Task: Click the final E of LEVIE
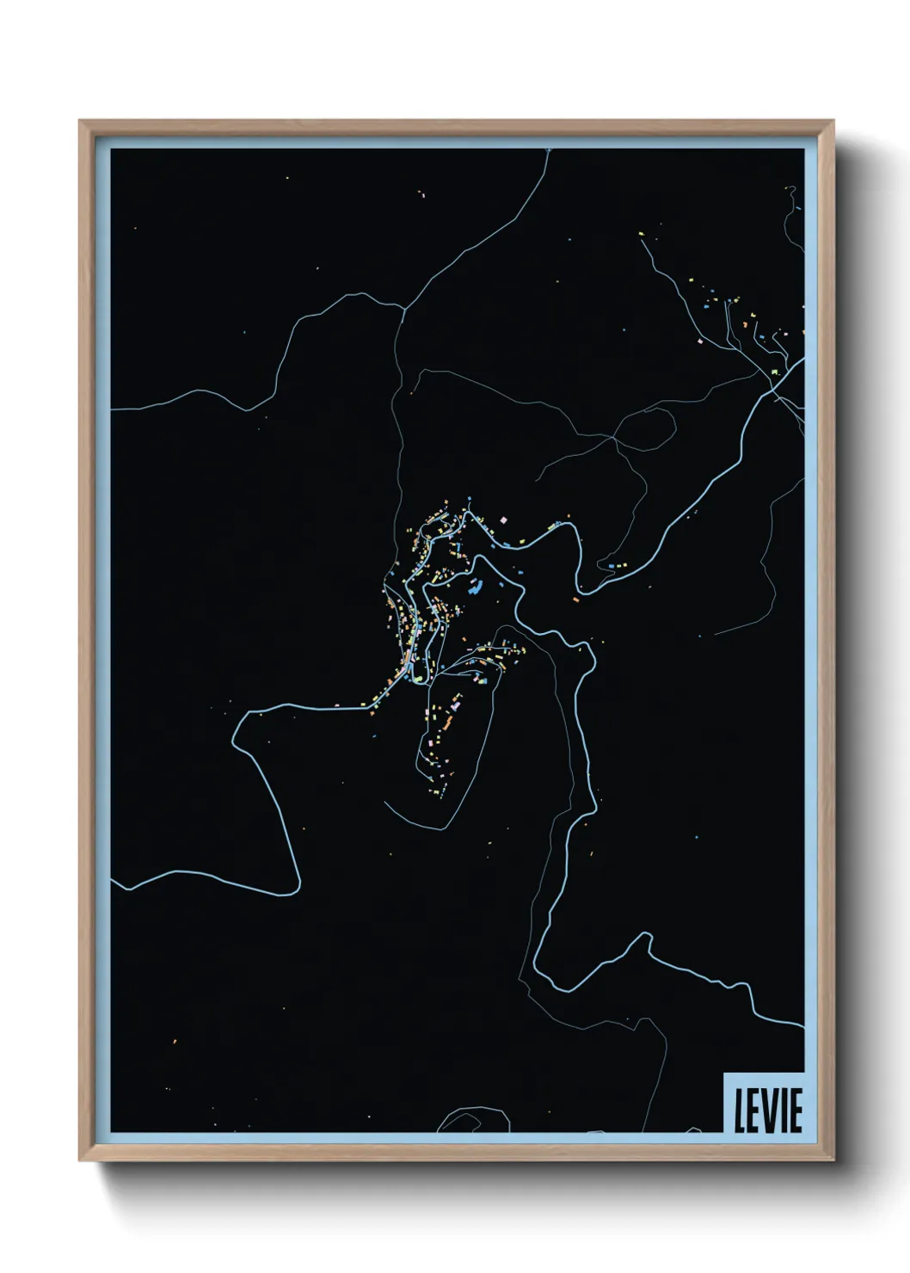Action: click(x=795, y=1111)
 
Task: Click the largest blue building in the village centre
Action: click(x=473, y=589)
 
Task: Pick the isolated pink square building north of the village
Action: click(x=504, y=520)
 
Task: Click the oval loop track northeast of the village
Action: click(x=645, y=426)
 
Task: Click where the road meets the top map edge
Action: click(x=548, y=151)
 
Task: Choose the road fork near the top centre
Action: click(x=403, y=310)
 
